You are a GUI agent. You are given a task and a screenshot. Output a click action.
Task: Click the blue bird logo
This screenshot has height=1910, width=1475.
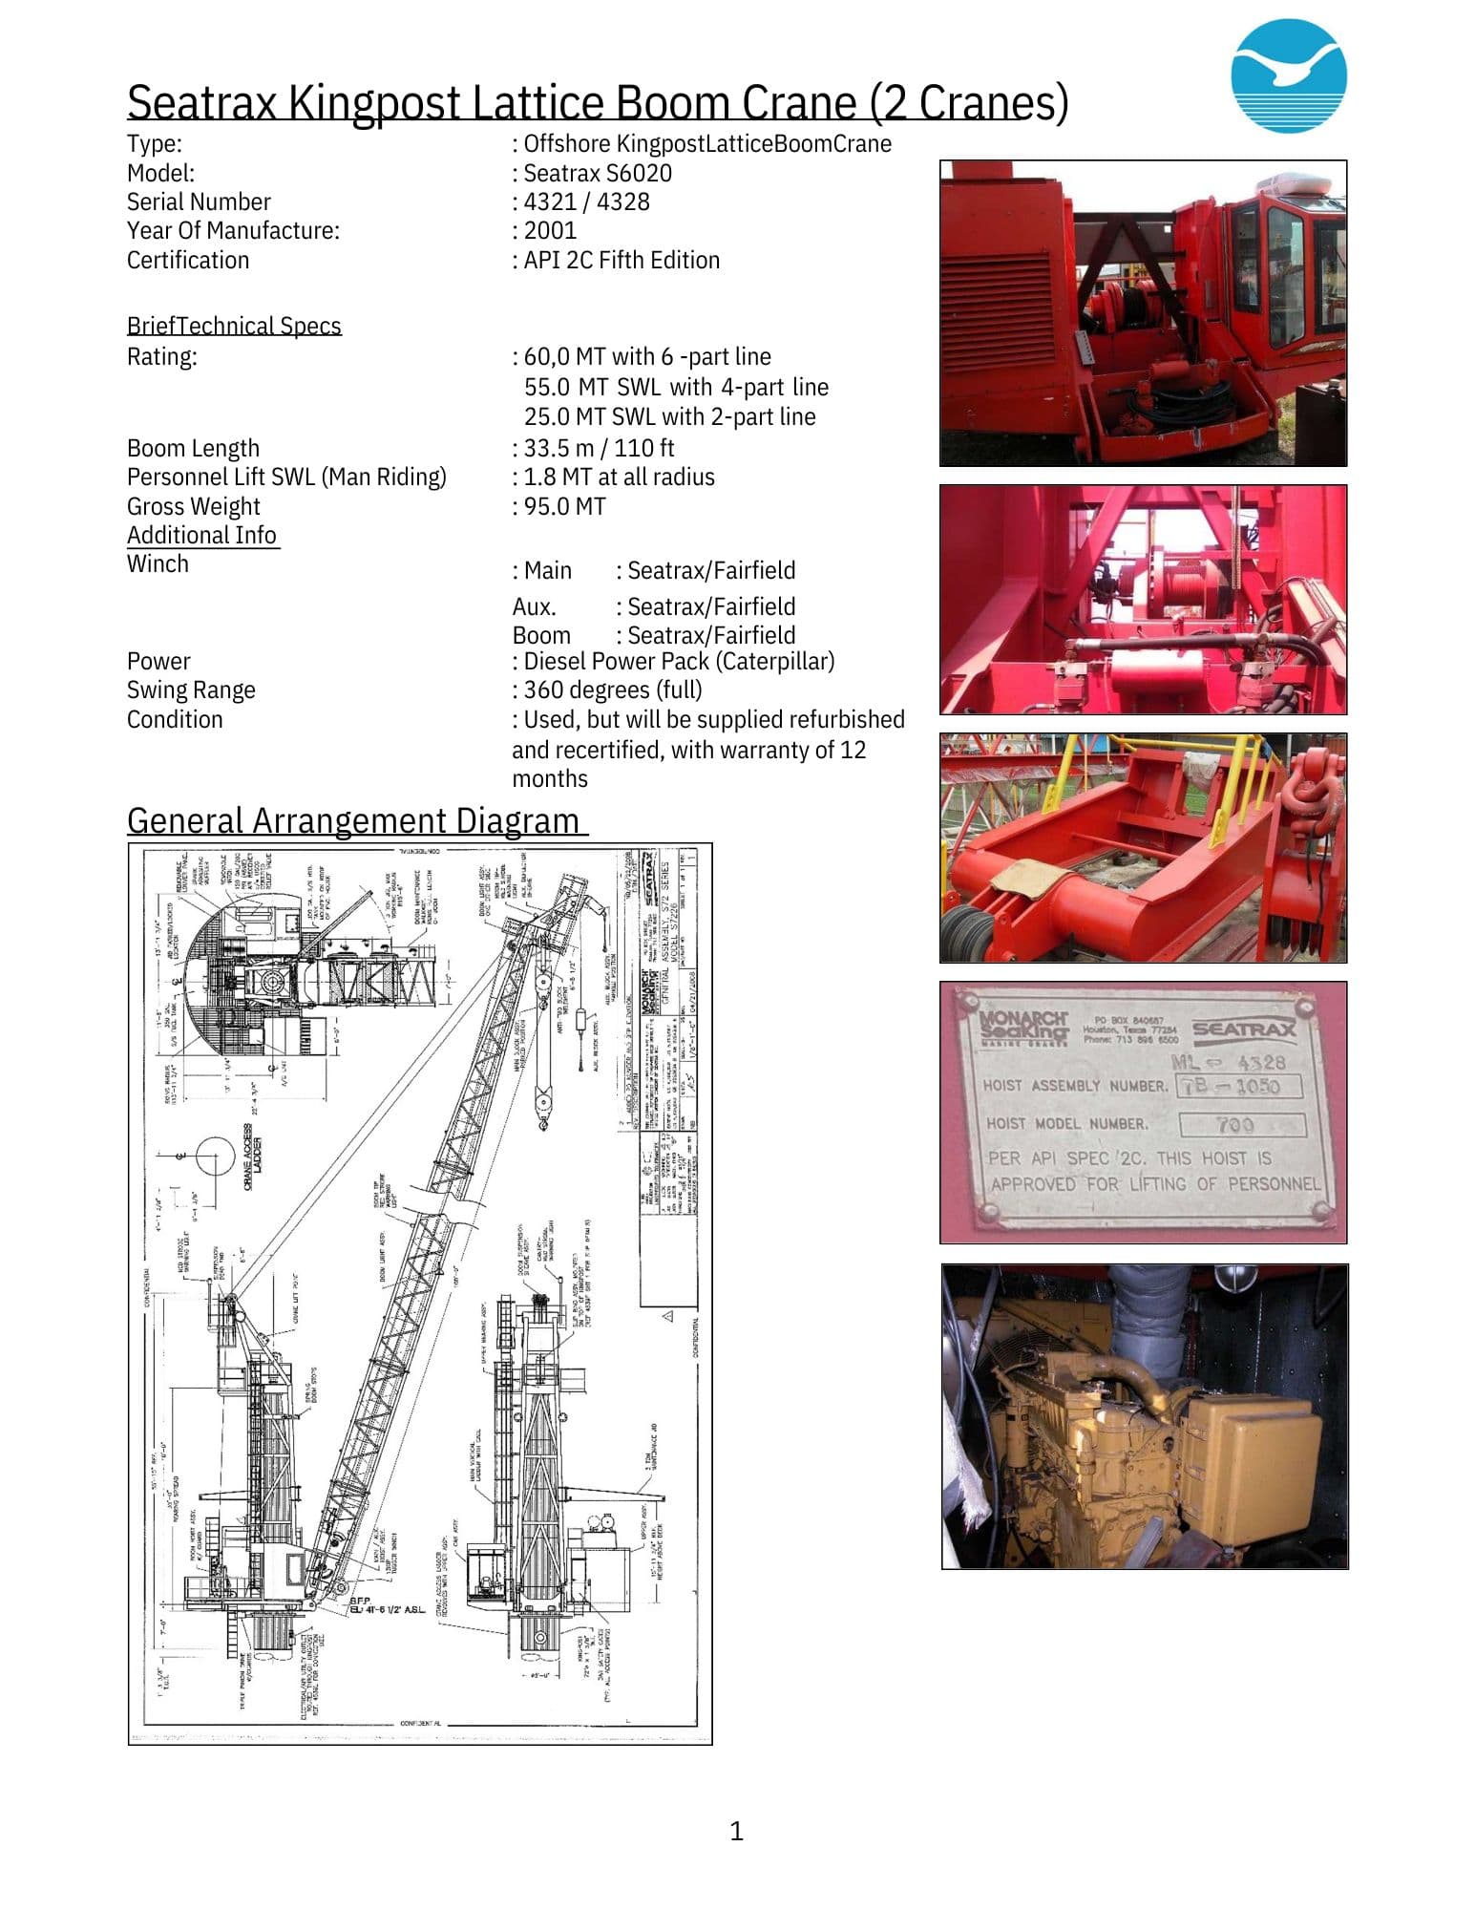click(x=1288, y=76)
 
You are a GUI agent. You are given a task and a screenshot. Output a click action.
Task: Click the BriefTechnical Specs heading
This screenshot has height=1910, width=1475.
click(x=234, y=326)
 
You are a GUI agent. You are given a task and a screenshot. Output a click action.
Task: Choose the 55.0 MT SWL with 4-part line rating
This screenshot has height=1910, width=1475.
click(x=676, y=387)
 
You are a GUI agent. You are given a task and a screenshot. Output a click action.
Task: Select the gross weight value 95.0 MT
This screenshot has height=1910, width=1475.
click(x=564, y=506)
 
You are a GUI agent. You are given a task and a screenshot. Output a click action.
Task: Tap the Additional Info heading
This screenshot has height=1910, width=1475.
click(x=202, y=535)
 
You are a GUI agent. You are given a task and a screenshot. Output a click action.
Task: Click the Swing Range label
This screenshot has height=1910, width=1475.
click(x=191, y=690)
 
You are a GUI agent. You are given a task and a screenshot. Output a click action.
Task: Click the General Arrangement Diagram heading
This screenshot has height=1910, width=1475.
click(x=353, y=820)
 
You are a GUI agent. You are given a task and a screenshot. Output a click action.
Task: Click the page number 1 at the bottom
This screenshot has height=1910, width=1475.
click(x=736, y=1831)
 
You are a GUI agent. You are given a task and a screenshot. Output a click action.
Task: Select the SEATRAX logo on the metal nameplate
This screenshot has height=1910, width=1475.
click(x=1244, y=1029)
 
